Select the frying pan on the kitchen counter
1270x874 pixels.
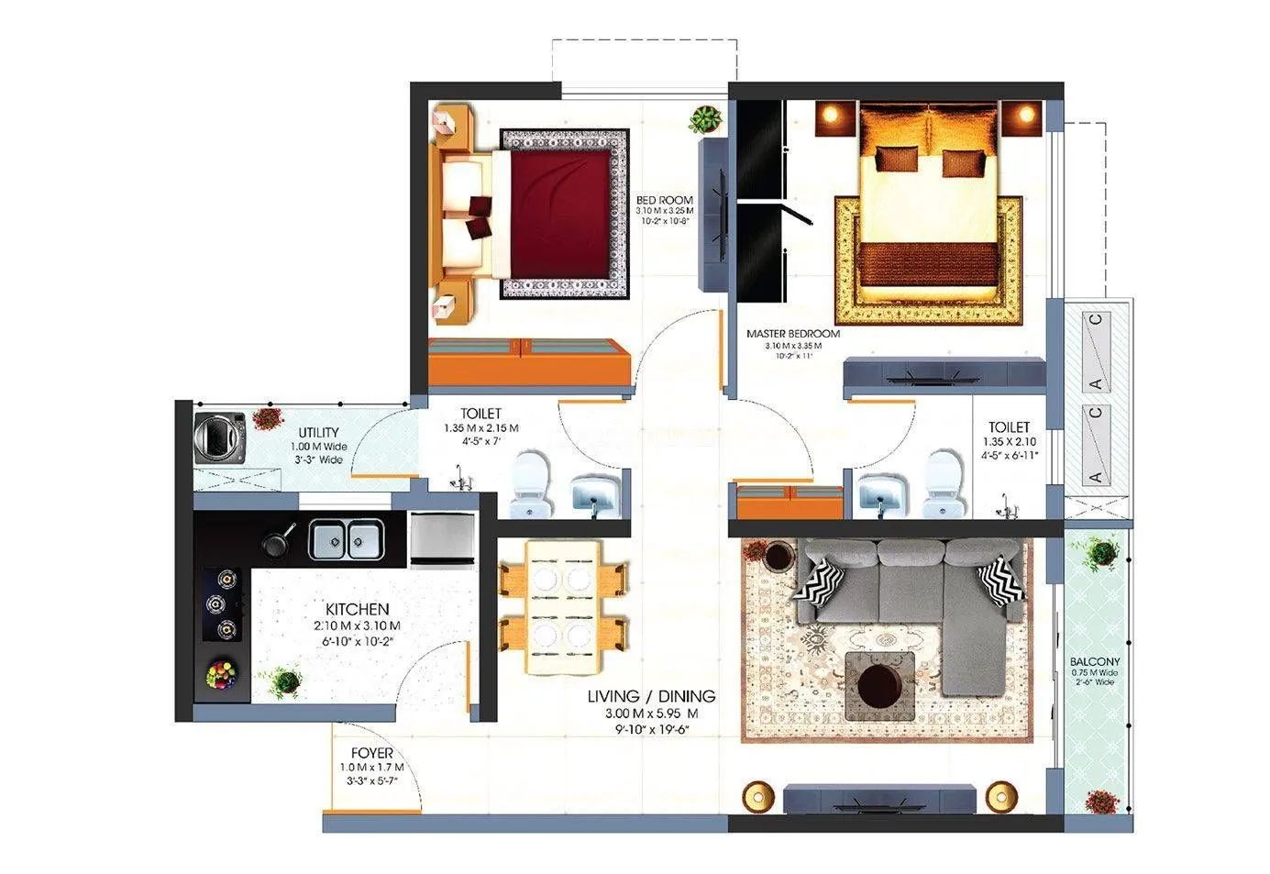pyautogui.click(x=275, y=543)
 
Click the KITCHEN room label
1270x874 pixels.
pyautogui.click(x=357, y=609)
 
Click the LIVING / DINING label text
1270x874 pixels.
pyautogui.click(x=651, y=697)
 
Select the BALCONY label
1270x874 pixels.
pyautogui.click(x=1095, y=661)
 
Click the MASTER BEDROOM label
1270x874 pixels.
pyautogui.click(x=793, y=334)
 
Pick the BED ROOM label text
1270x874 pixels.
pyautogui.click(x=665, y=200)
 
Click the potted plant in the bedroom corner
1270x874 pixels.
pyautogui.click(x=705, y=118)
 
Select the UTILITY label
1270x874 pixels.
pyautogui.click(x=318, y=433)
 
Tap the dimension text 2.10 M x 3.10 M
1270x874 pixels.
pyautogui.click(x=357, y=626)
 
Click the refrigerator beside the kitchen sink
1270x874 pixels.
pyautogui.click(x=442, y=538)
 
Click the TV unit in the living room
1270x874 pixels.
pyautogui.click(x=880, y=798)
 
